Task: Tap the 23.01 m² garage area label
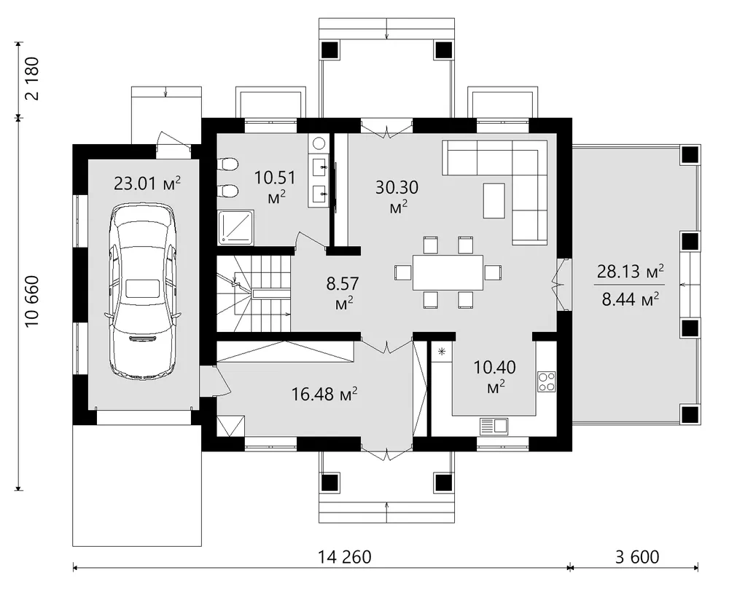[x=147, y=183]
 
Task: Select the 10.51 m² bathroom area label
[x=276, y=187]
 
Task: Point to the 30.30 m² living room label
[x=397, y=197]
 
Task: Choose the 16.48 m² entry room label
[x=324, y=394]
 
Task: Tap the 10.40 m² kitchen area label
[x=495, y=376]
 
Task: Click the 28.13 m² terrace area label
[x=630, y=271]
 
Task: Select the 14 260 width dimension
[x=345, y=556]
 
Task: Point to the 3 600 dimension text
[x=637, y=556]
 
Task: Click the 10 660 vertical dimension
[x=33, y=301]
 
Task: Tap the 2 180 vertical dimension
[x=33, y=79]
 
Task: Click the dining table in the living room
[x=448, y=272]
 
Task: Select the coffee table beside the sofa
[x=494, y=200]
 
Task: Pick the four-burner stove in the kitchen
[x=547, y=382]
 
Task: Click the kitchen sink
[x=494, y=426]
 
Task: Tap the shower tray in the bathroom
[x=236, y=227]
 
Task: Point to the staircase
[x=254, y=293]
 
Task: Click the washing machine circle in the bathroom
[x=319, y=143]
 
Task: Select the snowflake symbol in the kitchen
[x=442, y=352]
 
